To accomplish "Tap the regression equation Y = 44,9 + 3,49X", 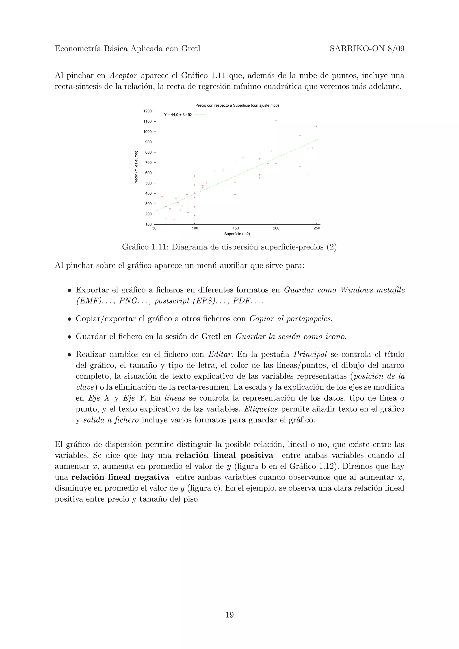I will click(178, 115).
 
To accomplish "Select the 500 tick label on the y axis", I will click(148, 183).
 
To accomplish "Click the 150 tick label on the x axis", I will click(235, 228).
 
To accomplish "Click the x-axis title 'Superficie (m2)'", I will click(237, 234).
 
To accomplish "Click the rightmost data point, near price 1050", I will click(316, 127).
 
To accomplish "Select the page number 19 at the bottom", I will click(229, 615).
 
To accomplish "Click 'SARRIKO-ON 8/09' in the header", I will click(367, 49).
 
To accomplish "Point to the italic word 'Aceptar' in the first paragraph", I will click(123, 76).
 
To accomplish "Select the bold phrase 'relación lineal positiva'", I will click(224, 455).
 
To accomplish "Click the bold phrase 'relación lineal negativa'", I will click(120, 477).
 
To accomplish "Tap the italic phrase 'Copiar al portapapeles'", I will click(291, 319).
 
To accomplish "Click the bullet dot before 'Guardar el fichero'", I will click(69, 337).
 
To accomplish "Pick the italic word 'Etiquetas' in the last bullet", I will click(261, 409).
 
